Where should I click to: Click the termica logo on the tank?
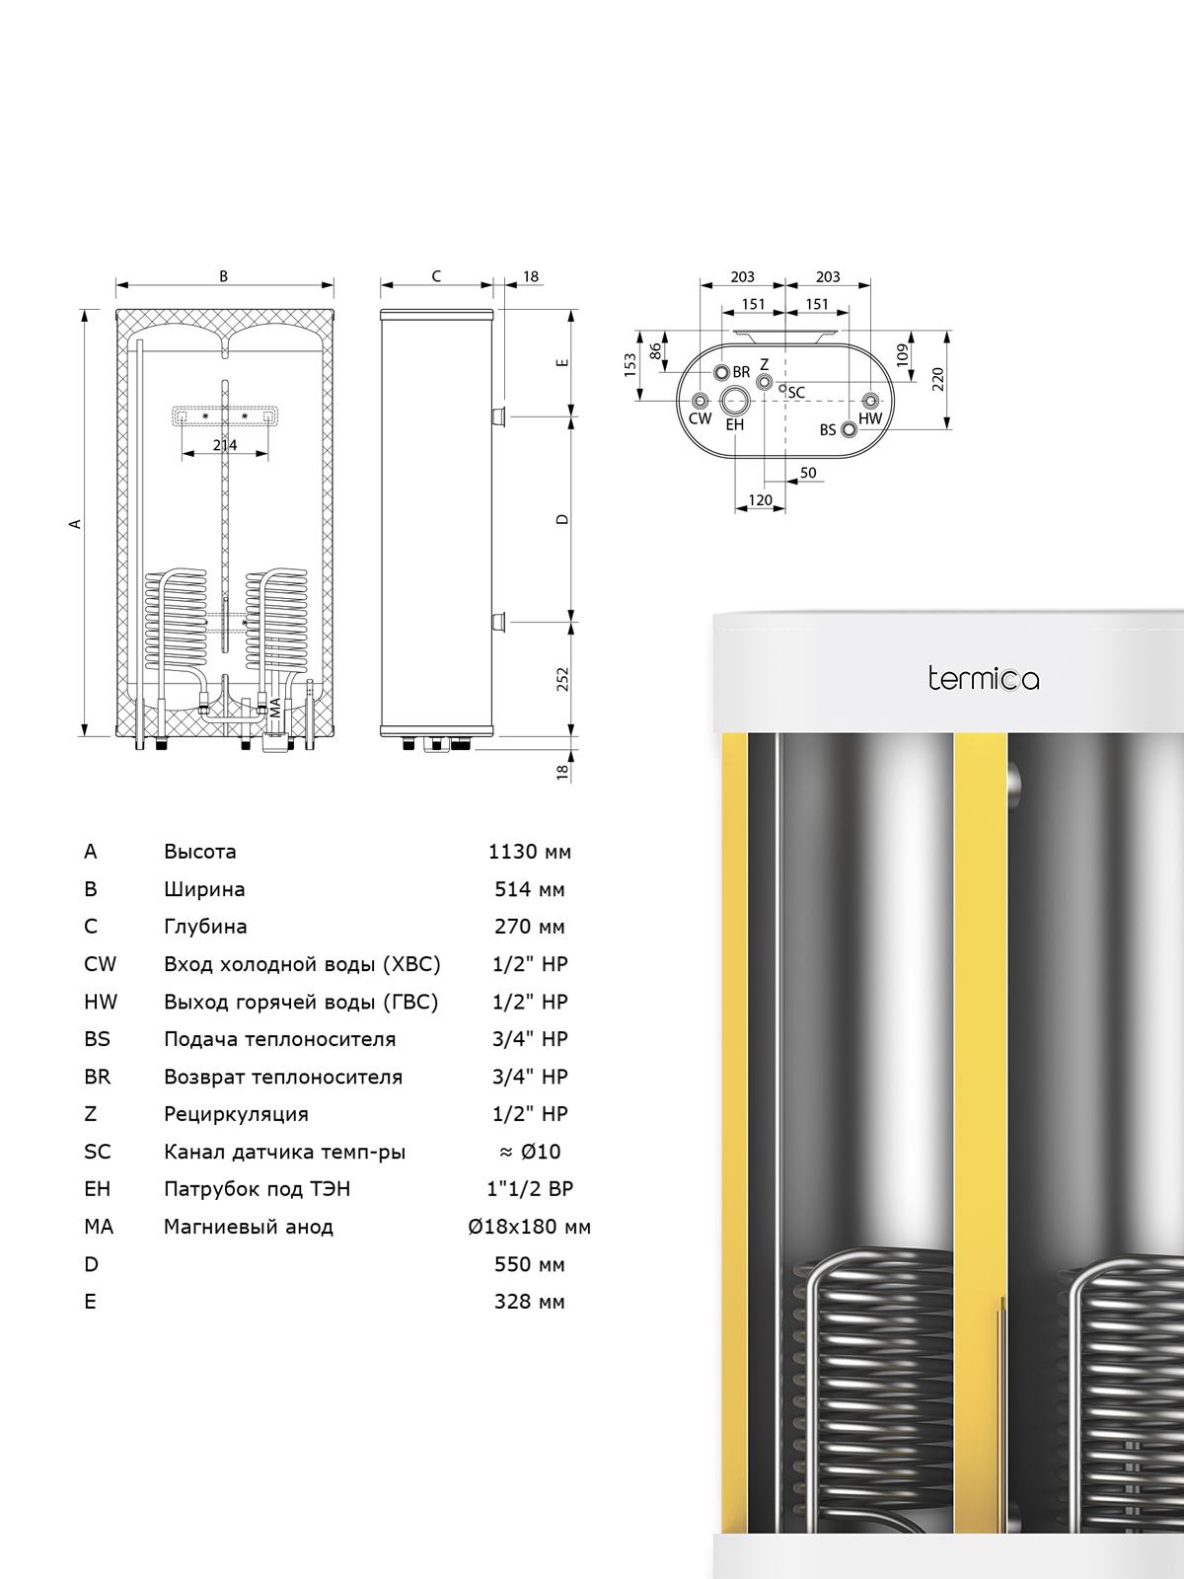click(984, 678)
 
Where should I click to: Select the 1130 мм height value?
click(530, 852)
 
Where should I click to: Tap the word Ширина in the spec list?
click(204, 889)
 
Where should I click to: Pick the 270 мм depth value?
click(530, 927)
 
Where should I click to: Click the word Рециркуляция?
click(236, 1114)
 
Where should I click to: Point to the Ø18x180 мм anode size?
click(530, 1227)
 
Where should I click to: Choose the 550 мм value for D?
click(530, 1264)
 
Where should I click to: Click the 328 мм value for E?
click(530, 1302)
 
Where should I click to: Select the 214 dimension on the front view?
click(225, 445)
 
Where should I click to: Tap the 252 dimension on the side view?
click(562, 680)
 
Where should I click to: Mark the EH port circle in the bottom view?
click(735, 400)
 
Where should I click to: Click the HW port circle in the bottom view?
click(870, 400)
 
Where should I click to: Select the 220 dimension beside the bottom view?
click(938, 379)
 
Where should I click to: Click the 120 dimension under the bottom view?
click(760, 500)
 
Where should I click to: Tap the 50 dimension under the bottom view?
click(808, 473)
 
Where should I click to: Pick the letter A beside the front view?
click(74, 524)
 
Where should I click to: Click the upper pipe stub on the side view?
click(497, 415)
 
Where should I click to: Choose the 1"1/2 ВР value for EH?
click(530, 1189)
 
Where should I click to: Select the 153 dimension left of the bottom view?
click(630, 365)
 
